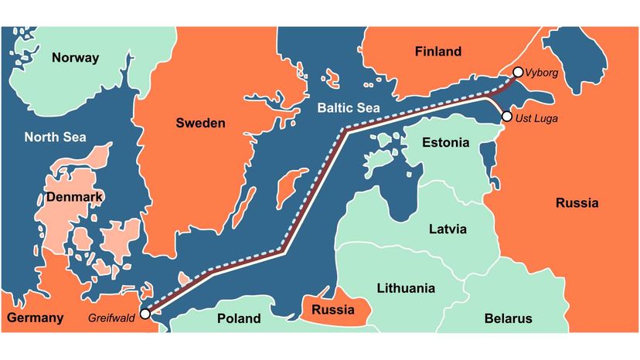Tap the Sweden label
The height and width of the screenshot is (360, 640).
pos(200,123)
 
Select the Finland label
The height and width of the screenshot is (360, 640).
pos(437,53)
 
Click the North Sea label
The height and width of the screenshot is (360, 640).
pos(55,138)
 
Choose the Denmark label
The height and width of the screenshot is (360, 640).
pos(74,197)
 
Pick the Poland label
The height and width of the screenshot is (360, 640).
pos(239,318)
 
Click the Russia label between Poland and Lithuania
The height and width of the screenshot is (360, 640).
pos(332,311)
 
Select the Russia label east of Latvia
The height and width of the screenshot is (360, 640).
pos(577,204)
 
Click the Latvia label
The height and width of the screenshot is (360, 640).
pos(448,229)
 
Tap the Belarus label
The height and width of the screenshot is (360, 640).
pos(508,318)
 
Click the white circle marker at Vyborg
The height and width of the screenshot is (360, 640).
pos(518,73)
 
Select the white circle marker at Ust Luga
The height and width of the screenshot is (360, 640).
pos(506,116)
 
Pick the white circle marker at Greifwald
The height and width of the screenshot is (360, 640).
pos(145,314)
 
